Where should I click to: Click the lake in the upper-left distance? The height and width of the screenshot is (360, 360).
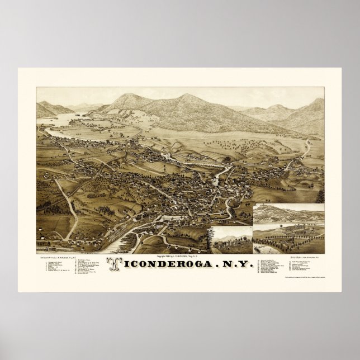(61, 119)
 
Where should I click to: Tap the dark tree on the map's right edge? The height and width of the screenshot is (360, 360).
(320, 196)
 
